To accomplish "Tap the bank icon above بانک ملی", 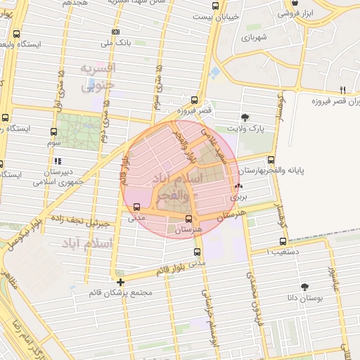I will pyautogui.click(x=115, y=32).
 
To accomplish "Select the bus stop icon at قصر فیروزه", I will pyautogui.click(x=193, y=101).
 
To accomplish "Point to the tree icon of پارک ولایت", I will pyautogui.click(x=244, y=117).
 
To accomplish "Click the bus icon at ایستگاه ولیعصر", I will pyautogui.click(x=16, y=33).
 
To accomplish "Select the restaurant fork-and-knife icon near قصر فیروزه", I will pyautogui.click(x=342, y=89).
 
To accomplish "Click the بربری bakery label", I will pyautogui.click(x=239, y=198).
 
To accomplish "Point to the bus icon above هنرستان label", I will pyautogui.click(x=188, y=219).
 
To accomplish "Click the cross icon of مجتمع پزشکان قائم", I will pyautogui.click(x=121, y=282).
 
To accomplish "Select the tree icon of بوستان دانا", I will pyautogui.click(x=304, y=286).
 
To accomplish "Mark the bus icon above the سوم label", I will pyautogui.click(x=53, y=131).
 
